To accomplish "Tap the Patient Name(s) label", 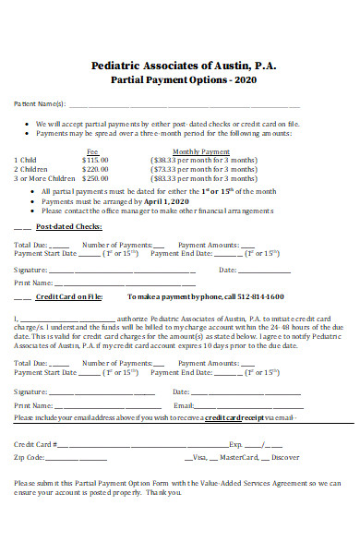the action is [x=39, y=104].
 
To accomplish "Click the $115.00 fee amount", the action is [x=95, y=159].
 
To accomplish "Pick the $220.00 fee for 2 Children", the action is [x=95, y=169].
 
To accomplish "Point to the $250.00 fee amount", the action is [x=95, y=179].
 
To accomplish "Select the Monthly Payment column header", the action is [x=201, y=151].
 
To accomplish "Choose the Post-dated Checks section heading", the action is [x=69, y=226].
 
